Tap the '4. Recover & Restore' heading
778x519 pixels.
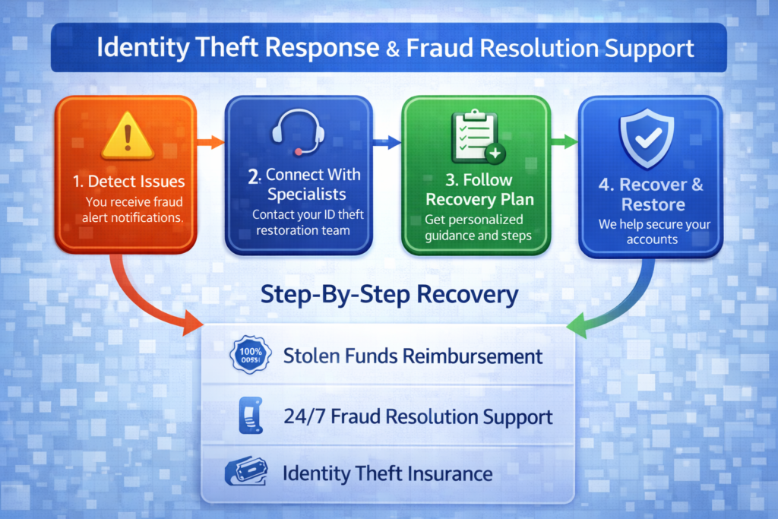click(652, 195)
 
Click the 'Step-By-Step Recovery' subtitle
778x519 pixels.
click(389, 295)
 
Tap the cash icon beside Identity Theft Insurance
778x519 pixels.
click(246, 473)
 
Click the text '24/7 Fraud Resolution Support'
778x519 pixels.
click(417, 416)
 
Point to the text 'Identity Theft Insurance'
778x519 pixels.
click(387, 474)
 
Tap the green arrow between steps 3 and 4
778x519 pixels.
click(563, 141)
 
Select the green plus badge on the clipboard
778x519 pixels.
click(495, 153)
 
